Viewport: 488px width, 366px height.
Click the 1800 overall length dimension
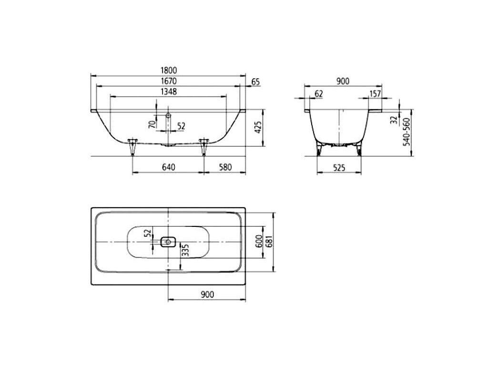pyautogui.click(x=169, y=71)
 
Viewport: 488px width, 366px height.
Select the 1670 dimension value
pyautogui.click(x=169, y=81)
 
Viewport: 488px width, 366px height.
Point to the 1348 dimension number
pyautogui.click(x=169, y=92)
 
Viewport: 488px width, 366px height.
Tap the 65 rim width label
pyautogui.click(x=255, y=82)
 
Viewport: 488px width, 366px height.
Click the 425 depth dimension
pyautogui.click(x=258, y=127)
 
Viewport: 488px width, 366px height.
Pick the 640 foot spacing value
pyautogui.click(x=168, y=167)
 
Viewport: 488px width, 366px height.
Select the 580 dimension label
pyautogui.click(x=225, y=167)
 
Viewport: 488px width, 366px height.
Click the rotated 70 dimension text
pyautogui.click(x=152, y=124)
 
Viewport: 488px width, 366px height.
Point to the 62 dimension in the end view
pyautogui.click(x=319, y=94)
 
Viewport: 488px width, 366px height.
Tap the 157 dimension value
pyautogui.click(x=375, y=94)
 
